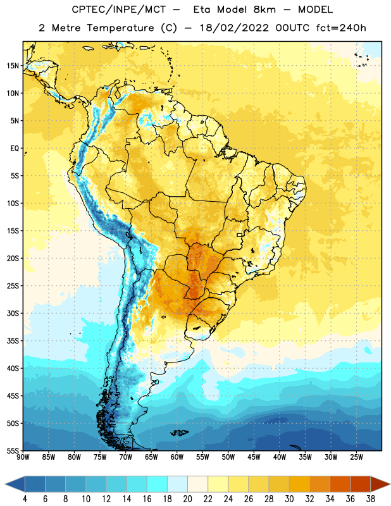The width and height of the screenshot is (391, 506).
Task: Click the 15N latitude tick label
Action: (x=13, y=66)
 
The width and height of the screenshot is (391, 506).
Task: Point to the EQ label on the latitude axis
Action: (x=15, y=149)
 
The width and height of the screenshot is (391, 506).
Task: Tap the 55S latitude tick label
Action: (x=13, y=450)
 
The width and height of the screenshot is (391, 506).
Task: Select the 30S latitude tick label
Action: (x=13, y=313)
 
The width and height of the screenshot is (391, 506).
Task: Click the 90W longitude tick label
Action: (x=23, y=457)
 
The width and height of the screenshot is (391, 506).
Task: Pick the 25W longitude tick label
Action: (x=356, y=457)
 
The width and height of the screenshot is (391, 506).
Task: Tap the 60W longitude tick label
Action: (x=177, y=457)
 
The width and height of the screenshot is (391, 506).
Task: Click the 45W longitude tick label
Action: (x=254, y=457)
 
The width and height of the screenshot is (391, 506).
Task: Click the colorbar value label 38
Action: (x=371, y=499)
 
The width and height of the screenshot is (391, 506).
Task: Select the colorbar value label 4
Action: (x=25, y=499)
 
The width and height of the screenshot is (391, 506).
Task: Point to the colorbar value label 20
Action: (x=187, y=499)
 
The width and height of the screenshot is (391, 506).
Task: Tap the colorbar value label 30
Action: (x=289, y=499)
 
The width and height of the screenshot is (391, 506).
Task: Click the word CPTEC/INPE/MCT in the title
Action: (x=118, y=9)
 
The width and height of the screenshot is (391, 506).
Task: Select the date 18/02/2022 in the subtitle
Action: (x=234, y=28)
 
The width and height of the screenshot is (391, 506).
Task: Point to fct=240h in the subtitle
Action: (x=341, y=28)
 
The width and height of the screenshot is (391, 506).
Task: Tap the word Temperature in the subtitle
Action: (x=120, y=28)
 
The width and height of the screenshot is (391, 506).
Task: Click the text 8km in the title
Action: (x=264, y=9)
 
